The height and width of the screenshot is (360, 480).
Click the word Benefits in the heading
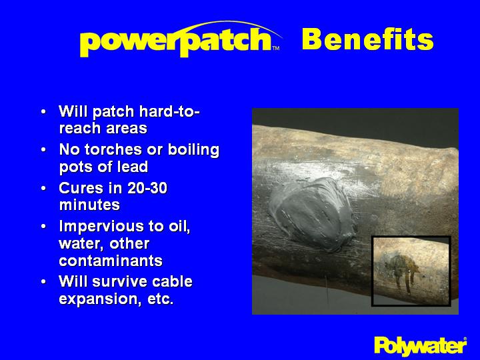367,40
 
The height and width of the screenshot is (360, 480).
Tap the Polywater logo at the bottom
420,345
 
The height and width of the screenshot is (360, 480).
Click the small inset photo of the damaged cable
411,270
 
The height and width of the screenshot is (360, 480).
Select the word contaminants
111,261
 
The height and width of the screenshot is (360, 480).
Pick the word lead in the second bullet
132,167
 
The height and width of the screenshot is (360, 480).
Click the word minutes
89,205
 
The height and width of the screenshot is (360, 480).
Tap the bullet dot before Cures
43,189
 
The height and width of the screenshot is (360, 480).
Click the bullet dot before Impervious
43,227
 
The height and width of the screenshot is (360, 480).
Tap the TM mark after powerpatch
275,48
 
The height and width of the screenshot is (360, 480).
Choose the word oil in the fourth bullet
177,227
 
